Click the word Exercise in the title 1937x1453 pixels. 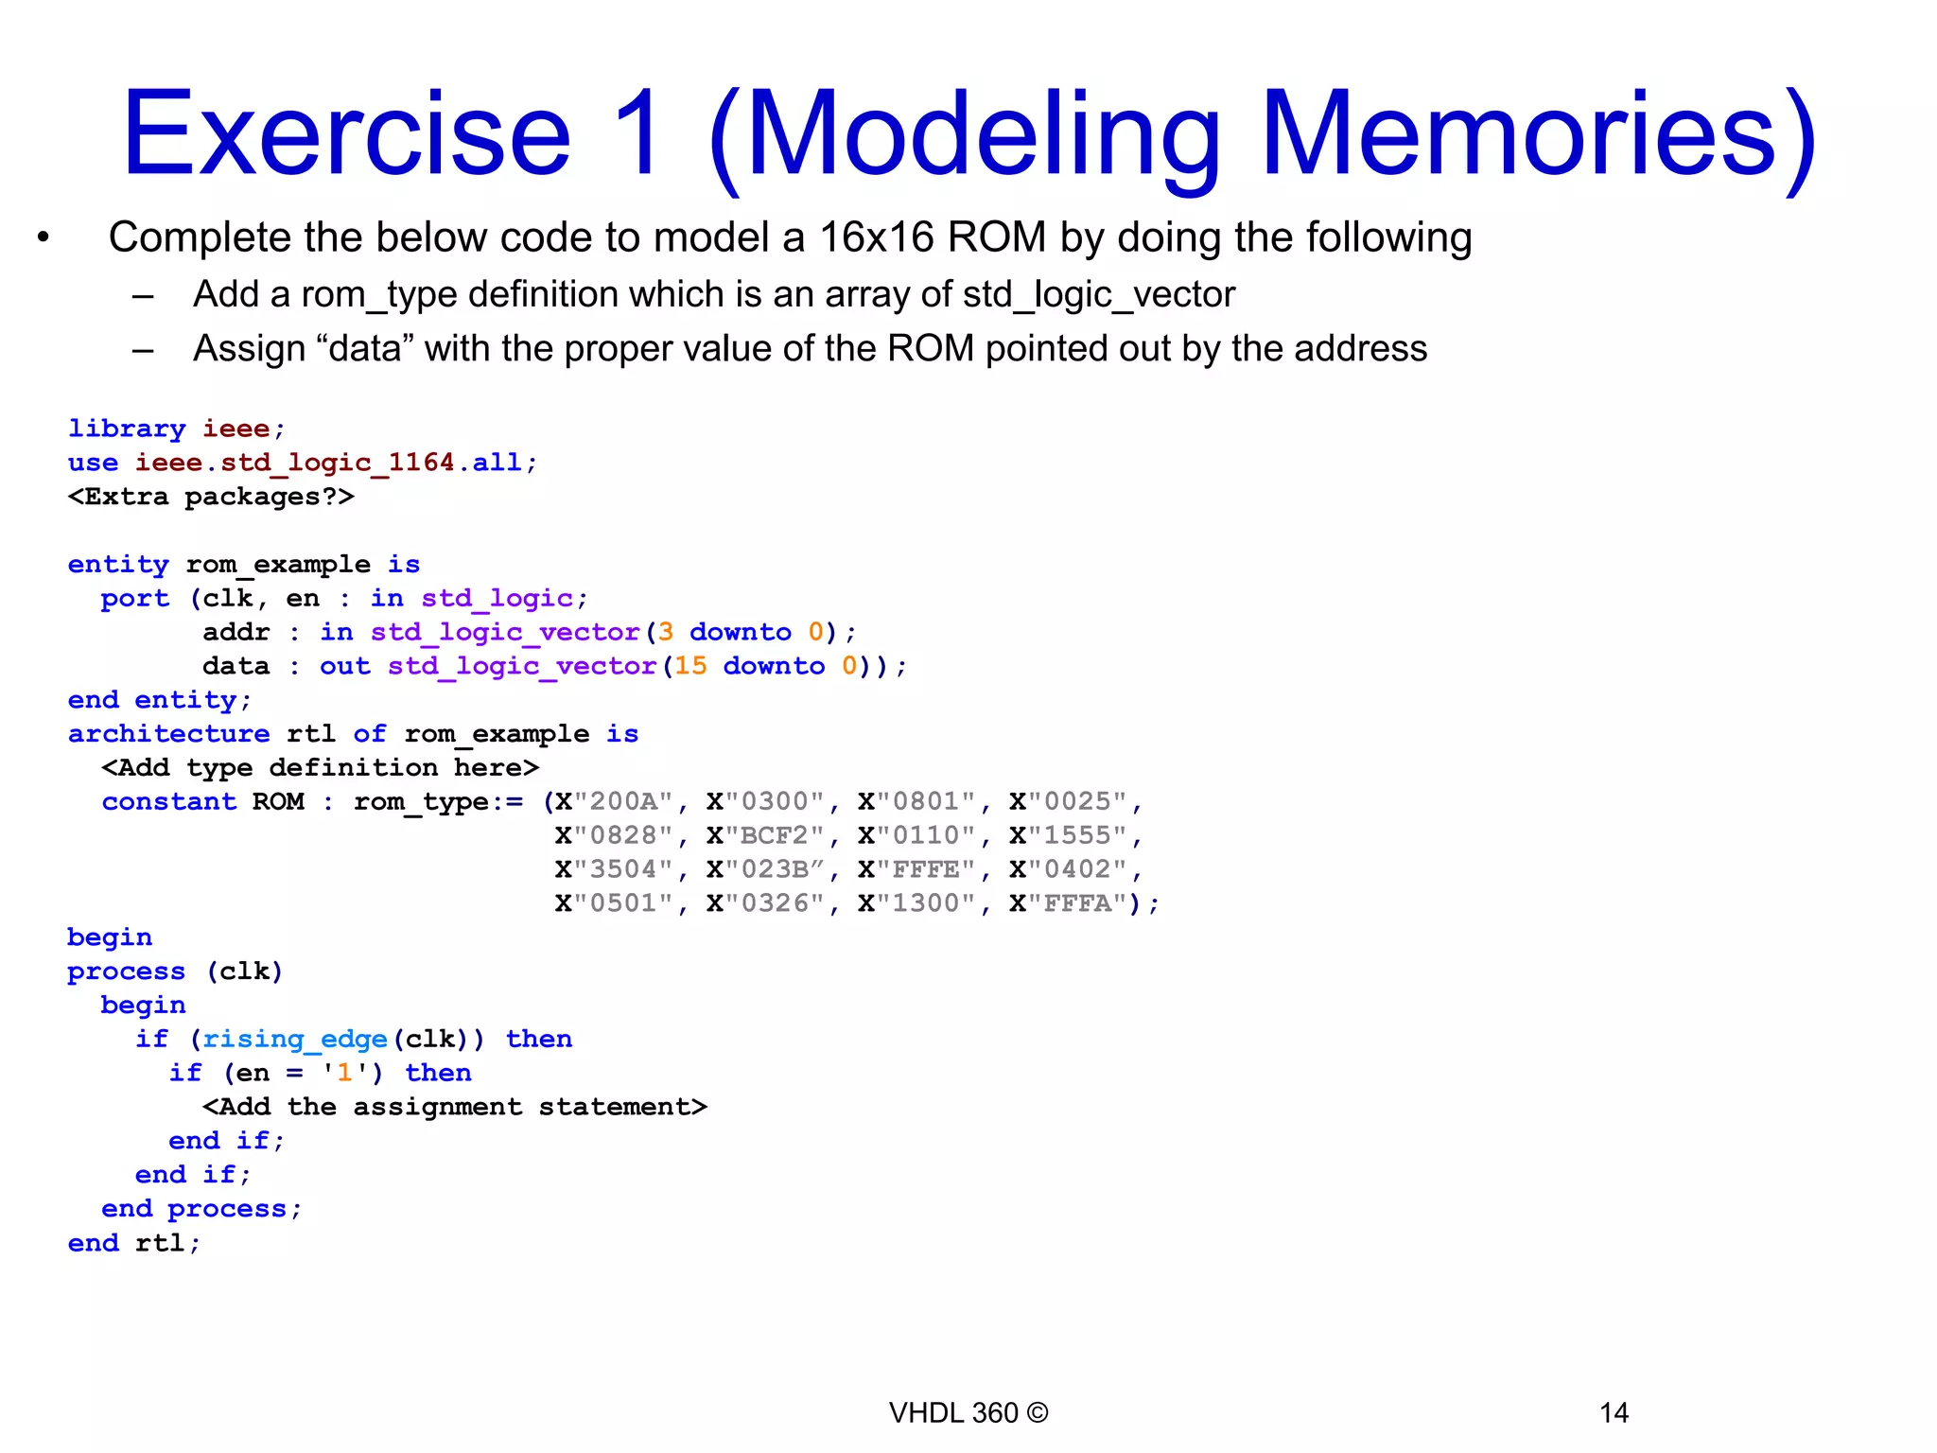(x=346, y=134)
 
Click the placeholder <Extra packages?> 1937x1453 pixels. (x=211, y=497)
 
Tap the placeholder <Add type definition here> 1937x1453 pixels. (x=320, y=768)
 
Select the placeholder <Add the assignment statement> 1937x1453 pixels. (x=454, y=1107)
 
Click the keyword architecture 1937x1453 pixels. (x=168, y=734)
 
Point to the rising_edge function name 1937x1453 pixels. (x=295, y=1040)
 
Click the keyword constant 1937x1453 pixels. (x=168, y=802)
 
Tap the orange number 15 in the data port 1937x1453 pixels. (x=690, y=667)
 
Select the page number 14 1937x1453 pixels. (x=1614, y=1413)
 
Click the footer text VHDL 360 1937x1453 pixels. (x=953, y=1413)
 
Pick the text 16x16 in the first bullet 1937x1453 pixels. (x=876, y=237)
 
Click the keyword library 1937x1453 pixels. (x=127, y=429)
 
